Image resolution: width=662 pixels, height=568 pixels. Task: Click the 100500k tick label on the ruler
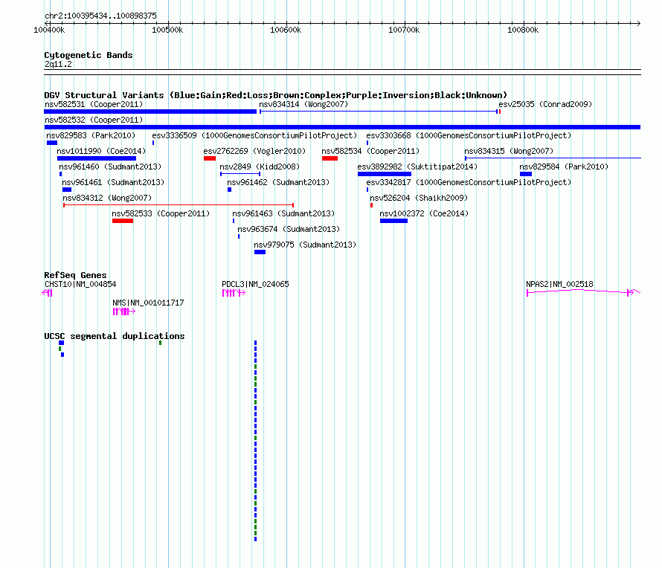click(x=167, y=30)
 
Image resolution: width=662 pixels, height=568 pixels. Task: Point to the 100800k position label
click(x=523, y=30)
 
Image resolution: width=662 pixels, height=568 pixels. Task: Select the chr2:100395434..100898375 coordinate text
click(x=100, y=16)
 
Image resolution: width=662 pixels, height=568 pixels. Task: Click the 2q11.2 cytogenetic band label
click(x=58, y=64)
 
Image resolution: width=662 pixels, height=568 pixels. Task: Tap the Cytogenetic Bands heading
click(x=89, y=55)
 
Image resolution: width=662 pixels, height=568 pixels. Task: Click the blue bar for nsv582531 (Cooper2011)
click(x=150, y=112)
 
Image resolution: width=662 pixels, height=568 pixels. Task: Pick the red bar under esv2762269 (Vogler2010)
click(x=210, y=158)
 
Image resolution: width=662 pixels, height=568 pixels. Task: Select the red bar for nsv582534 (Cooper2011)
click(x=330, y=158)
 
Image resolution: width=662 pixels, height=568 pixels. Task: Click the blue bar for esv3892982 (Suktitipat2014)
click(x=385, y=174)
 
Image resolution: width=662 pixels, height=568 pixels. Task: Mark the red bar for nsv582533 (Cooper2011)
click(x=123, y=221)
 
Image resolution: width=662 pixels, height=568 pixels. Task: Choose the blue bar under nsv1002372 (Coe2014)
click(x=394, y=221)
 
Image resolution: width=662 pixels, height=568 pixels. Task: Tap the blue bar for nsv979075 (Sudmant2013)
click(x=260, y=252)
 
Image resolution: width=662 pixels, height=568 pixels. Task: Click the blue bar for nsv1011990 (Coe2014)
click(x=97, y=158)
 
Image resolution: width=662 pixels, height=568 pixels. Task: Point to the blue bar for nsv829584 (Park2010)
click(x=526, y=174)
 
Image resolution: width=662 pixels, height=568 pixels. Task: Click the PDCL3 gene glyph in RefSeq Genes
click(x=234, y=293)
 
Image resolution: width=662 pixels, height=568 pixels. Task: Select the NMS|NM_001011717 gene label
click(x=148, y=303)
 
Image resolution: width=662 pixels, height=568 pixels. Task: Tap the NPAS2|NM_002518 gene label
click(x=559, y=284)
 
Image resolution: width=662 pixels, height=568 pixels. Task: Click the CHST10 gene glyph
click(x=48, y=293)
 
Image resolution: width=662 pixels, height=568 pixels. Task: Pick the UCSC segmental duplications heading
click(x=115, y=336)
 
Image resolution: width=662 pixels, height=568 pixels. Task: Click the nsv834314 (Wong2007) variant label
click(x=303, y=104)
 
